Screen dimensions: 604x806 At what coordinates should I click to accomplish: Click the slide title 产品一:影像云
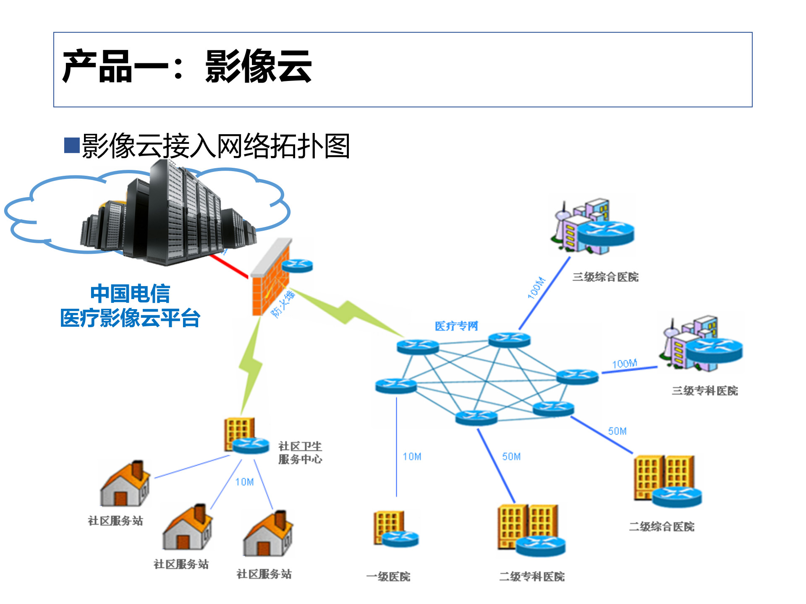(187, 66)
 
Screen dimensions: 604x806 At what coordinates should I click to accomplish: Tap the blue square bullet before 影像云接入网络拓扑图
(72, 145)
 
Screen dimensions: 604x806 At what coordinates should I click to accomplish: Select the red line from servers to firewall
(229, 266)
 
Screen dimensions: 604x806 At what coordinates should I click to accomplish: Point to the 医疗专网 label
(456, 326)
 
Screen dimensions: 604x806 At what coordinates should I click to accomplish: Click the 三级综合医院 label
(605, 277)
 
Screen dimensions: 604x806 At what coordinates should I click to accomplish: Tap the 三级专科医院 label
(704, 391)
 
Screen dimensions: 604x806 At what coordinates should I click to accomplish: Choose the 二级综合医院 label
(662, 526)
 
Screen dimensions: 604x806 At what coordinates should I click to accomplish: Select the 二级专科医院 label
(531, 576)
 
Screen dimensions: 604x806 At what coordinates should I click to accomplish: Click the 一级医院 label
(388, 576)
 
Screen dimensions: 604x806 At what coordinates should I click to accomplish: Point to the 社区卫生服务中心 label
(300, 453)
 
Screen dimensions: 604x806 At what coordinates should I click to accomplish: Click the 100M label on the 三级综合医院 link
(536, 288)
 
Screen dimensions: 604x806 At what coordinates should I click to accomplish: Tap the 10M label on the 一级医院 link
(412, 456)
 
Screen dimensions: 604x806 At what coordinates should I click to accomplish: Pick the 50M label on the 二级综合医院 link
(617, 431)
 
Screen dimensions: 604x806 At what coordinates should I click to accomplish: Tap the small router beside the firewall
(297, 266)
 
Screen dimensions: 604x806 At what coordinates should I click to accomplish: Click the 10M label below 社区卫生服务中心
(244, 482)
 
